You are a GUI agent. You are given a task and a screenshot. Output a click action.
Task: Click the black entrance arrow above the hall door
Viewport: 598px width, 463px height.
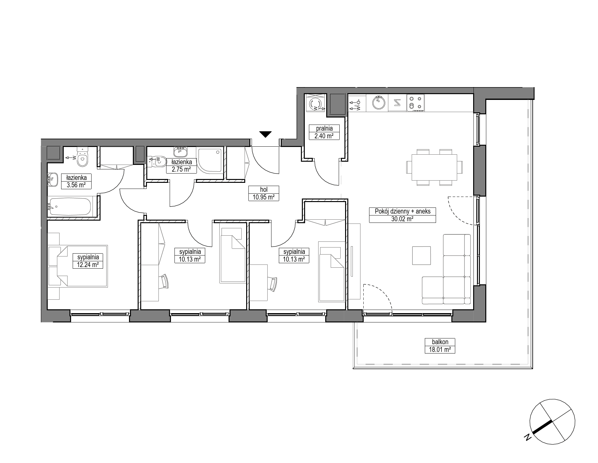(x=265, y=134)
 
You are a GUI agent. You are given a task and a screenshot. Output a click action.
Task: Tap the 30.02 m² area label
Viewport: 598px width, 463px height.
(x=402, y=219)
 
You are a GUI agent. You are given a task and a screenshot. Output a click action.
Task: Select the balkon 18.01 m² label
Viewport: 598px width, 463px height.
(x=440, y=346)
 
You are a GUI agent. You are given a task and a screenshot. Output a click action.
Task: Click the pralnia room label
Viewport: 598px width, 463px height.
(x=324, y=128)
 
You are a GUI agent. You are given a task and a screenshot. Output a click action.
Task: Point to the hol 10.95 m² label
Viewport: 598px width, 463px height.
(x=264, y=193)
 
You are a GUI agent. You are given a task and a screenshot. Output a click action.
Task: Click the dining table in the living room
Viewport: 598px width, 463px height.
(x=434, y=167)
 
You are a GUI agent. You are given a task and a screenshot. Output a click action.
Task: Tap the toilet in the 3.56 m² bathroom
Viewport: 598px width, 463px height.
(x=82, y=157)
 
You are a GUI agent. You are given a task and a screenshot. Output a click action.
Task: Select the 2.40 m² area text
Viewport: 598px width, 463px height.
(x=324, y=136)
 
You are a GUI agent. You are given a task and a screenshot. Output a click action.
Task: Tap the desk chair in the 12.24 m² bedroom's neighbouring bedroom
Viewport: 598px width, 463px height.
(x=165, y=283)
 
